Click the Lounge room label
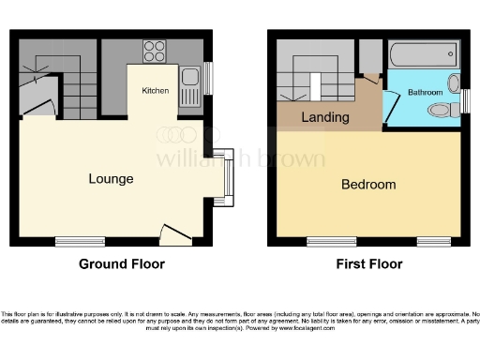(x=111, y=179)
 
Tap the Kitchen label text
(x=155, y=91)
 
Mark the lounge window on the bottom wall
(x=80, y=241)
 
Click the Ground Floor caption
(x=121, y=264)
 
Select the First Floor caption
(x=369, y=264)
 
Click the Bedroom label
(x=367, y=185)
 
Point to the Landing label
(x=324, y=118)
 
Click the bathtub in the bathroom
(x=419, y=52)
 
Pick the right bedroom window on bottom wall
(x=434, y=241)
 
